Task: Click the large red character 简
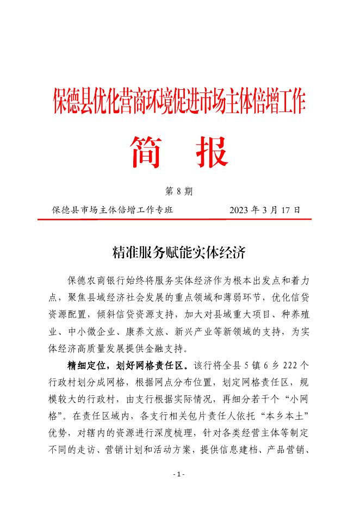click(x=145, y=152)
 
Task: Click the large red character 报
click(x=212, y=152)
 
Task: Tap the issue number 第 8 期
click(x=179, y=191)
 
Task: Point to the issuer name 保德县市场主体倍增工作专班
click(x=113, y=209)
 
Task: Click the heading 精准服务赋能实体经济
click(x=179, y=251)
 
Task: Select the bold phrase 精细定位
click(x=85, y=364)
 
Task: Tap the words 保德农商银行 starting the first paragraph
click(x=96, y=280)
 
